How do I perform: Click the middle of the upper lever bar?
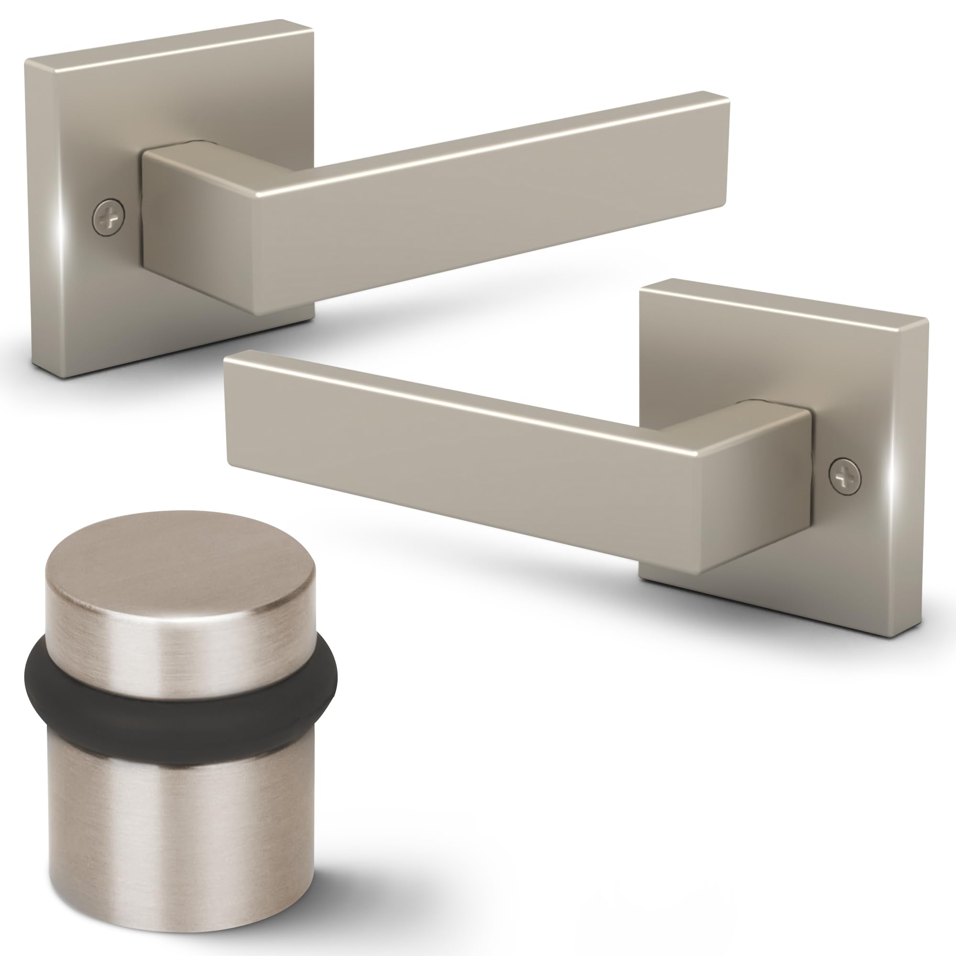pyautogui.click(x=490, y=198)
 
